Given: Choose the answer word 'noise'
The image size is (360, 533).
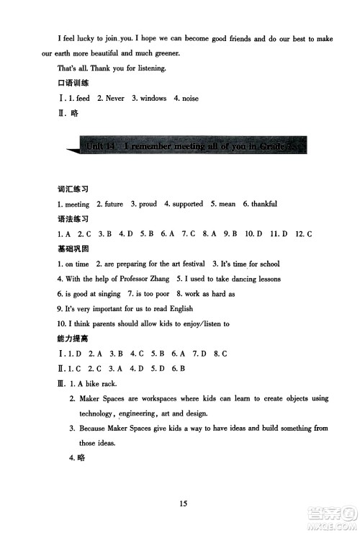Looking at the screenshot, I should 191,98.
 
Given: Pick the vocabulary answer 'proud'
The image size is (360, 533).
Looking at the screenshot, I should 148,204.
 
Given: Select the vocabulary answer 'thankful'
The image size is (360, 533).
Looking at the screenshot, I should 263,204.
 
